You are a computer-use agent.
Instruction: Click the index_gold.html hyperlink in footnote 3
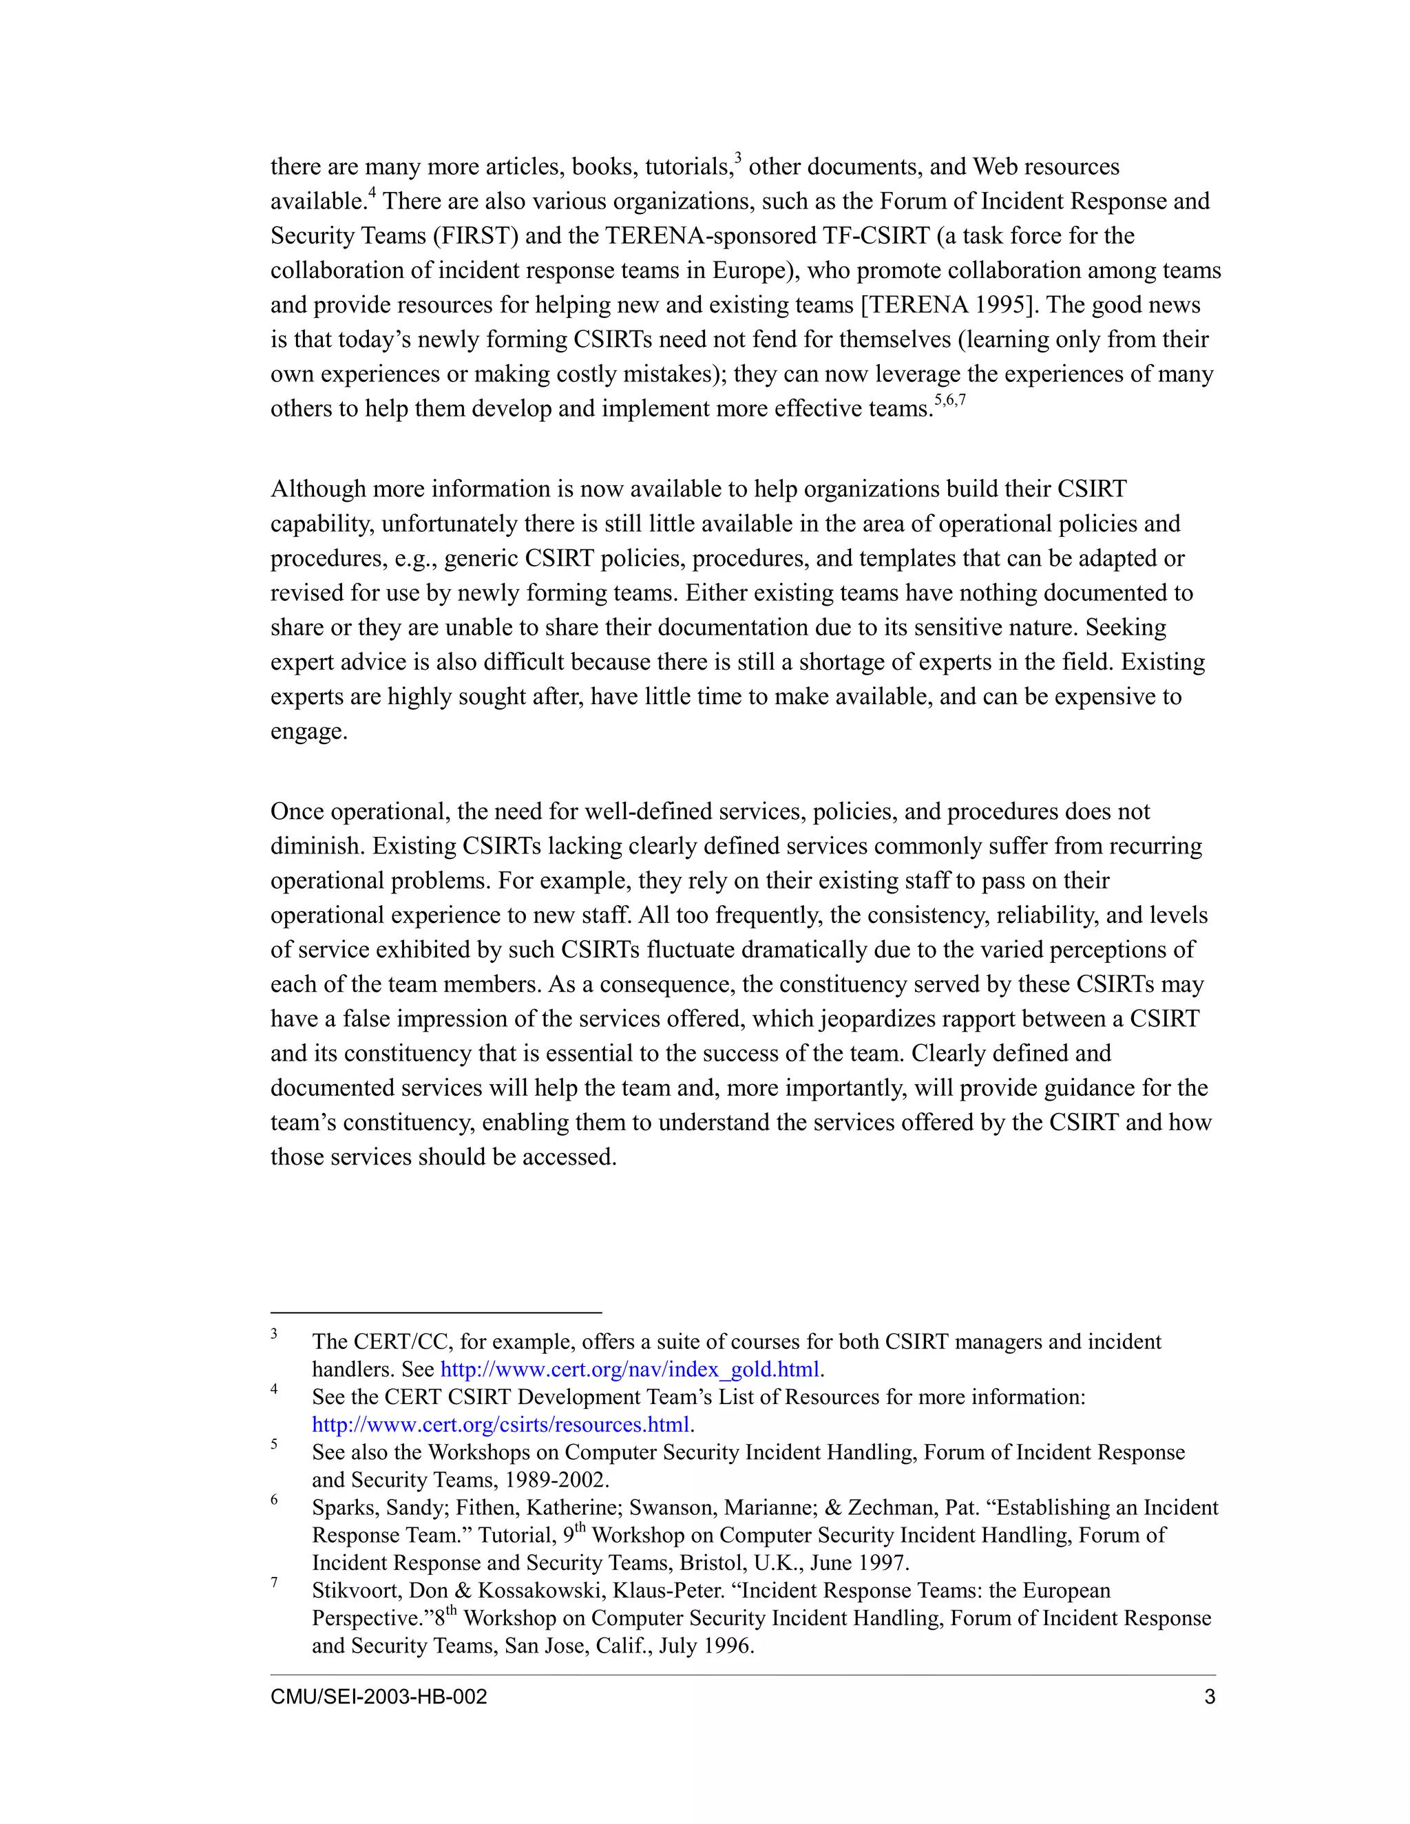pyautogui.click(x=630, y=1369)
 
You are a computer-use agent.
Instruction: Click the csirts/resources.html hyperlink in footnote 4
pyautogui.click(x=501, y=1424)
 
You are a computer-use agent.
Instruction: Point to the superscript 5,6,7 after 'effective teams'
pyautogui.click(x=949, y=400)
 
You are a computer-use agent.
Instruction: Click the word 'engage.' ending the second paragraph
pyautogui.click(x=308, y=732)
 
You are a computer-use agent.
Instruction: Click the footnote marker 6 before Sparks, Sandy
pyautogui.click(x=274, y=1500)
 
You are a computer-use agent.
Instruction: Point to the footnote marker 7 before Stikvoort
pyautogui.click(x=274, y=1582)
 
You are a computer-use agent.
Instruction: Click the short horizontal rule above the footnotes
pyautogui.click(x=435, y=1312)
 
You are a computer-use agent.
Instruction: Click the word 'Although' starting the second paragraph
pyautogui.click(x=317, y=489)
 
